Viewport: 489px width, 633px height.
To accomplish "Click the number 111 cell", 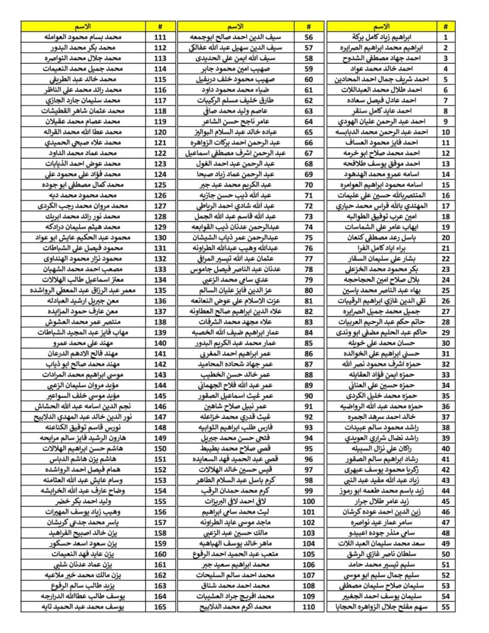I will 159,37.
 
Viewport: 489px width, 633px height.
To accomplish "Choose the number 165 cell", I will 159,608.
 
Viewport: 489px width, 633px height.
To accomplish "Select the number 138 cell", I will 159,323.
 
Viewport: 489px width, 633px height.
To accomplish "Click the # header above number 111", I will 159,27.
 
